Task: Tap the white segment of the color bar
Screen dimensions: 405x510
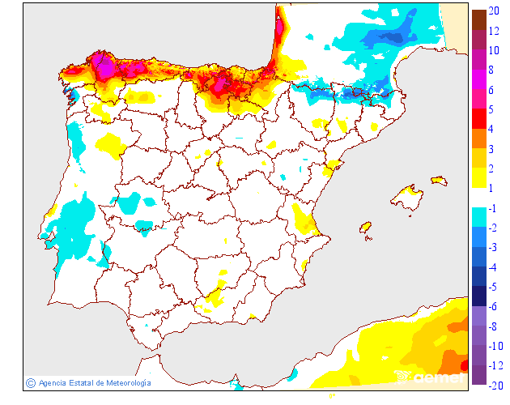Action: click(x=478, y=198)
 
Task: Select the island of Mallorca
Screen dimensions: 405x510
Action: click(x=408, y=198)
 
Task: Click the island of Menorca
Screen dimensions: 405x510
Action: click(x=439, y=179)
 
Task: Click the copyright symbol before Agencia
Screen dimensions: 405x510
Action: click(x=30, y=382)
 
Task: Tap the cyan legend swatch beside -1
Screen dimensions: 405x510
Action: click(x=478, y=217)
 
